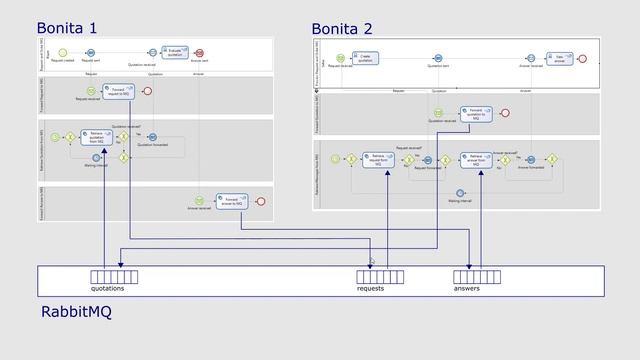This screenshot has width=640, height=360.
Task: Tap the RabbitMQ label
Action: [x=76, y=313]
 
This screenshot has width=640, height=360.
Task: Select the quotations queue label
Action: [x=109, y=288]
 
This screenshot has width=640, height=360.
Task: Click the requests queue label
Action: [x=370, y=288]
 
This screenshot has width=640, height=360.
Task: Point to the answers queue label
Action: [x=467, y=288]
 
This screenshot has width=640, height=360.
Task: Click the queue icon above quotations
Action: [x=114, y=276]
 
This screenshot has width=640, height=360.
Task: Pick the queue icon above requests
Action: [x=381, y=276]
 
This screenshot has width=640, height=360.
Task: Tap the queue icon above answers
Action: [x=476, y=276]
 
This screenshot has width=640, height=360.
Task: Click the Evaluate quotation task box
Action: [x=174, y=52]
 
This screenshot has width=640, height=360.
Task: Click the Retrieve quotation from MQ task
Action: [x=96, y=137]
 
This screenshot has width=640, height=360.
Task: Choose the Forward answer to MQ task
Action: [x=232, y=201]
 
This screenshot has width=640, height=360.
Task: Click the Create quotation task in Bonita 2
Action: [x=365, y=59]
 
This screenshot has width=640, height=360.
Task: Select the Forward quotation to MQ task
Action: [x=476, y=114]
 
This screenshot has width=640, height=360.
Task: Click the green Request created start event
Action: [x=63, y=52]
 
